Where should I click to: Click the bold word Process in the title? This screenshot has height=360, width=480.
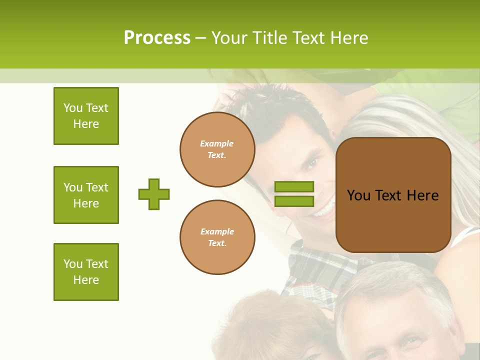(157, 38)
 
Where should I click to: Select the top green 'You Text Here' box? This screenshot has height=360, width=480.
(86, 116)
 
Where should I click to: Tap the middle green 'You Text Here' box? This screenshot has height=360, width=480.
(86, 195)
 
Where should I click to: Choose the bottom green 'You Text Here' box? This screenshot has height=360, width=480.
(86, 272)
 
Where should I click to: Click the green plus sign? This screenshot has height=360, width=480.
(154, 194)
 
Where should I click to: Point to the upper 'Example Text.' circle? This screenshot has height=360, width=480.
(217, 149)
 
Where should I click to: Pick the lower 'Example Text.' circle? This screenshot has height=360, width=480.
(217, 237)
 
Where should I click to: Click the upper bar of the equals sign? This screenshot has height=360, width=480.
(294, 187)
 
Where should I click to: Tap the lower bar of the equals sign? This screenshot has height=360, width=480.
(294, 201)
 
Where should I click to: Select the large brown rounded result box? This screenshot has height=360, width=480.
(393, 195)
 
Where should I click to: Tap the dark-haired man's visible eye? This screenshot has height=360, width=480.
(311, 163)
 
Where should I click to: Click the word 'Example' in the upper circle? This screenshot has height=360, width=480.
(216, 144)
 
